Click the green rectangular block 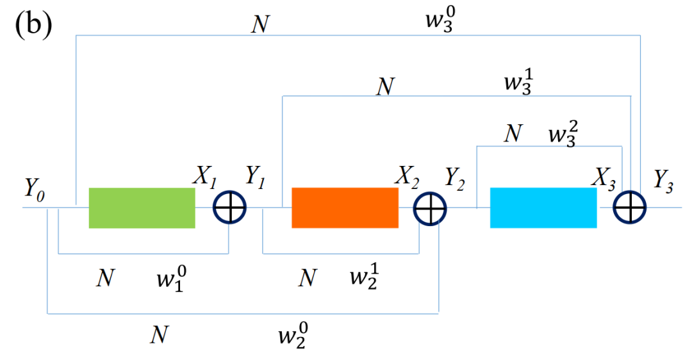pyautogui.click(x=142, y=208)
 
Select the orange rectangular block pyautogui.click(x=345, y=208)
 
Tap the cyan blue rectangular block pyautogui.click(x=543, y=208)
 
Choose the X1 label pyautogui.click(x=204, y=177)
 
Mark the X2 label pyautogui.click(x=408, y=179)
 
